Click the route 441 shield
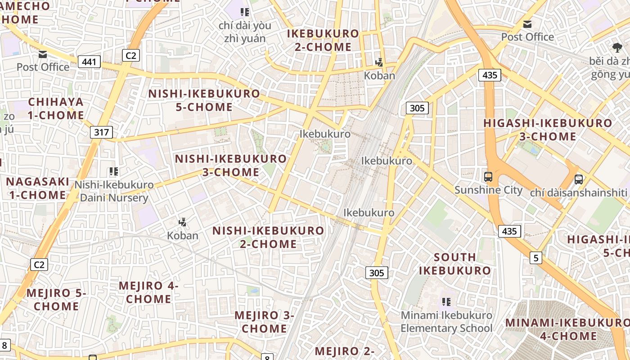89,61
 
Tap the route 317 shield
101,132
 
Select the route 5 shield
535,258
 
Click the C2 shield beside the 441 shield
131,55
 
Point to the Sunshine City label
488,190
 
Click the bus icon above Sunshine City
488,177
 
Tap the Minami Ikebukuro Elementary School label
446,322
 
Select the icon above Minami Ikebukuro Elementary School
446,301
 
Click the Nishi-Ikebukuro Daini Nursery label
114,191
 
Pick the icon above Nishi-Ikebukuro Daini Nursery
114,171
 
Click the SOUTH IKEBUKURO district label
455,264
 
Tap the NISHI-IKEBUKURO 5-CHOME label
204,100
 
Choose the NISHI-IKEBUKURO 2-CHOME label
268,237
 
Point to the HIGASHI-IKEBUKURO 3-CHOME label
548,130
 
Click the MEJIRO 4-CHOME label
148,292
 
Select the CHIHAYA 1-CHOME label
56,108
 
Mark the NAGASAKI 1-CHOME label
38,188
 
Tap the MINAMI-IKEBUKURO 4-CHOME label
567,329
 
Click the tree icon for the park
617,47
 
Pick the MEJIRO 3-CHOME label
264,322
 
